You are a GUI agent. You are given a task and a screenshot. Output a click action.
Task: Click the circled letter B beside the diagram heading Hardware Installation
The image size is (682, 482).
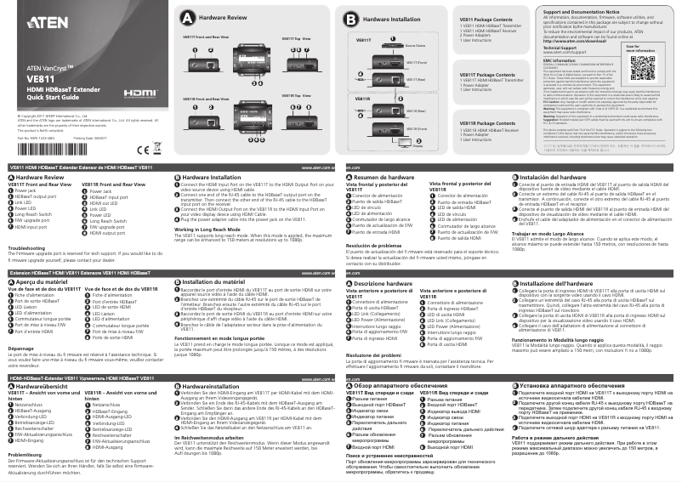[x=351, y=19]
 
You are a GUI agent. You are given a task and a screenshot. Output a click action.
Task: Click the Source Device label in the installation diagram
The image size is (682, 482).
[x=415, y=46]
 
